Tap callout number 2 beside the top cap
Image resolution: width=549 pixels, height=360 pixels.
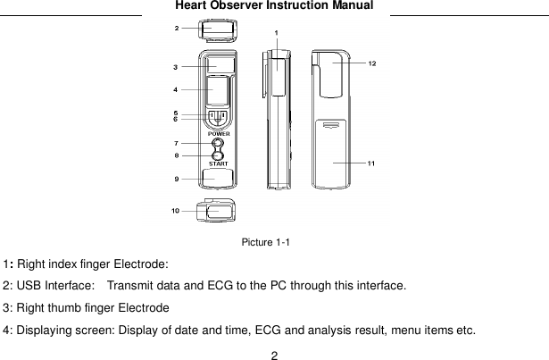click(x=177, y=29)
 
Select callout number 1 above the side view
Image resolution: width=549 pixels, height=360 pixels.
click(x=277, y=33)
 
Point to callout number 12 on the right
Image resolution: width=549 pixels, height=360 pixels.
click(x=371, y=63)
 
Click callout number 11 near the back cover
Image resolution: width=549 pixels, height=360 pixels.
click(x=371, y=163)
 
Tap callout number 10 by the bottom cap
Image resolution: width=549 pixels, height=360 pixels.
click(x=176, y=211)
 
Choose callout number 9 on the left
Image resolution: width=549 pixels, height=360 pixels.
click(x=177, y=179)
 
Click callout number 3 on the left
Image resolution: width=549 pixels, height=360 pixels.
click(x=177, y=66)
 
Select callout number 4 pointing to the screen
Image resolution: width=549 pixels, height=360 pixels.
click(x=177, y=89)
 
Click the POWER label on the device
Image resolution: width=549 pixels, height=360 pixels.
click(x=217, y=133)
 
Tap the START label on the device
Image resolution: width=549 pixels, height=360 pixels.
click(x=217, y=163)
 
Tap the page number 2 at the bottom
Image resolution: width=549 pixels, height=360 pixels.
click(x=275, y=354)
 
